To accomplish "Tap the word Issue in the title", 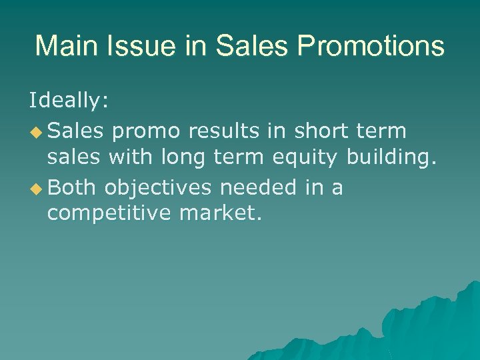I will tap(130, 46).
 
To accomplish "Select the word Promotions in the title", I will tap(371, 46).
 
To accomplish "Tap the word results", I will tap(224, 131).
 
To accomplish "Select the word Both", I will tap(73, 188).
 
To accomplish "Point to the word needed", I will tap(257, 188).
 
